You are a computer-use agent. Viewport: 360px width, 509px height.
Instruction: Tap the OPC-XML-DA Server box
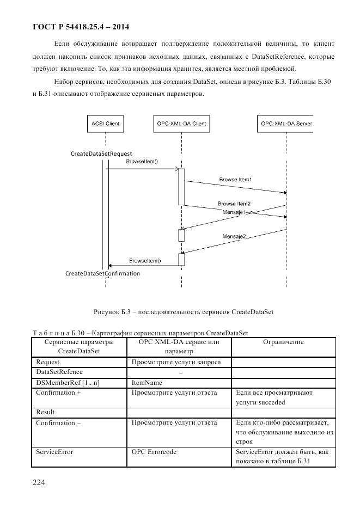point(285,124)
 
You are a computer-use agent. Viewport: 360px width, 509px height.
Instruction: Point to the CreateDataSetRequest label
point(101,154)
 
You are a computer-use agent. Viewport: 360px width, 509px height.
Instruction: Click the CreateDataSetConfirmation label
point(102,273)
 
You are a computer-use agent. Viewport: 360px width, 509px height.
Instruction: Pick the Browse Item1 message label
point(235,179)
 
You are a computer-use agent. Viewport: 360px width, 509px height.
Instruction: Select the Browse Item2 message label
point(234,204)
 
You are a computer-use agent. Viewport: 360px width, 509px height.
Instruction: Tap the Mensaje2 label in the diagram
point(234,236)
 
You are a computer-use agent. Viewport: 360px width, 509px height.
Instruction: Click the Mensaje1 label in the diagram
point(235,211)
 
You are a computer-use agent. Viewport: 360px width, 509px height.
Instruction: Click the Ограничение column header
point(283,342)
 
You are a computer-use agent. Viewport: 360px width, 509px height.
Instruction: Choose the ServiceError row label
point(54,452)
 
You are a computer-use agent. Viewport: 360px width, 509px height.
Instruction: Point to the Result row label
point(45,412)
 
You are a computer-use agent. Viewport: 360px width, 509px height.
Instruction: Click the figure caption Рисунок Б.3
point(183,312)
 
